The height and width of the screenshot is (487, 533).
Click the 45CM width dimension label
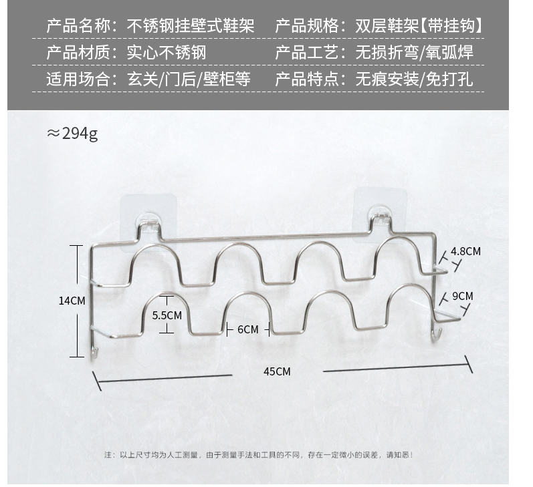pos(277,371)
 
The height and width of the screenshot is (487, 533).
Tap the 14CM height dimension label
pos(72,301)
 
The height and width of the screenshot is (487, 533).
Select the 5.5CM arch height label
pos(167,315)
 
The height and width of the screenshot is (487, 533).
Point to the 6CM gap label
pos(248,330)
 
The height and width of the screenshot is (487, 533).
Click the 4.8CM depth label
pos(465,251)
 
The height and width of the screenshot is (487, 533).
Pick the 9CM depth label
pos(462,297)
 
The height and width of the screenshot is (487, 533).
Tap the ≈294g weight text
pos(72,134)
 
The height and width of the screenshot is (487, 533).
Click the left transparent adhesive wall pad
pos(148,222)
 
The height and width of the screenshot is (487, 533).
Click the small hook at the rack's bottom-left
pos(94,353)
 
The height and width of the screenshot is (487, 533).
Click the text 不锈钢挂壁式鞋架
pos(191,26)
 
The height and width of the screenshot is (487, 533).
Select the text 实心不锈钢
pos(167,53)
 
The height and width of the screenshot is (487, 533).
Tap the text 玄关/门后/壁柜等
pos(189,79)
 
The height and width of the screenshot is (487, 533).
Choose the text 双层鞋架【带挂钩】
pos(419,26)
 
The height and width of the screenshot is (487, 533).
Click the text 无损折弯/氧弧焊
pos(414,53)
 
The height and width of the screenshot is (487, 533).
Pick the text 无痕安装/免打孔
pos(414,79)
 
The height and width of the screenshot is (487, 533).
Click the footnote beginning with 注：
pos(258,455)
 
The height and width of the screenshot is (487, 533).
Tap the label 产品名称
pos(78,26)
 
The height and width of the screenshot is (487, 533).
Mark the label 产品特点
pos(306,79)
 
